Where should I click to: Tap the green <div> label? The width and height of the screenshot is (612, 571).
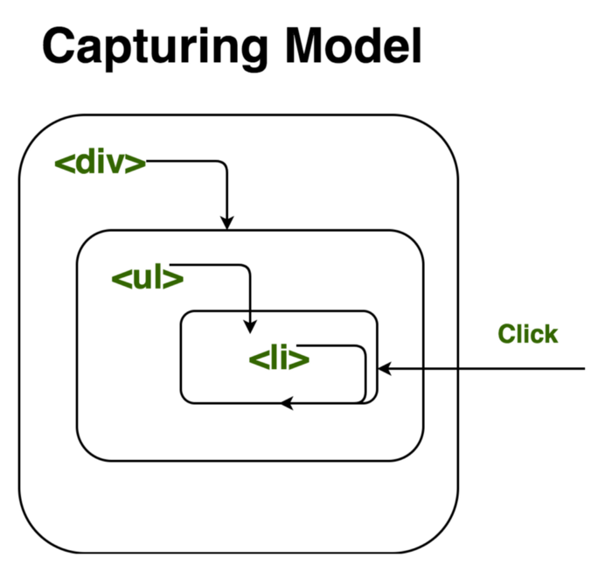coord(100,164)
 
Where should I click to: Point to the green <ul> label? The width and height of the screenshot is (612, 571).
coord(147,279)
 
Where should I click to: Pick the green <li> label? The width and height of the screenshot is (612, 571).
coord(279,359)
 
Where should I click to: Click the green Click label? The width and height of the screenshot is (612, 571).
coord(527,334)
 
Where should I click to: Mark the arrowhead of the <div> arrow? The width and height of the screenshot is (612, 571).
coord(226,222)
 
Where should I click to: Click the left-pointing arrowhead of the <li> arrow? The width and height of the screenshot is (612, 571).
coord(288,403)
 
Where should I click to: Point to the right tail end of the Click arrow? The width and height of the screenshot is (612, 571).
coord(583,370)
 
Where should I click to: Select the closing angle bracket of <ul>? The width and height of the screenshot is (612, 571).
coord(174,279)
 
